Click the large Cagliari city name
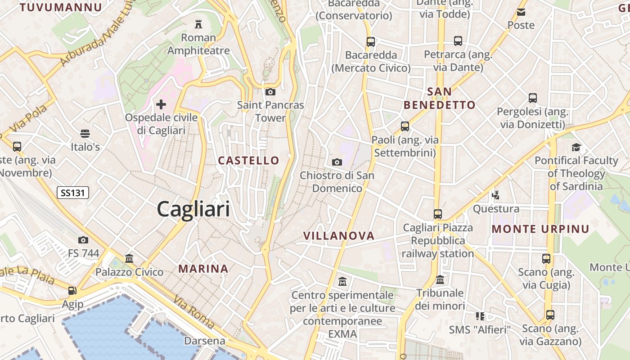click(x=193, y=209)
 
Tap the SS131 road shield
click(x=73, y=193)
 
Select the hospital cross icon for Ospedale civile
click(x=161, y=105)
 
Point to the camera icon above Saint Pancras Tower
click(x=270, y=92)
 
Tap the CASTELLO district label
click(x=248, y=160)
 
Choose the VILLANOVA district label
click(x=339, y=236)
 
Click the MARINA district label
click(x=203, y=269)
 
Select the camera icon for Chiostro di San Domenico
click(x=337, y=162)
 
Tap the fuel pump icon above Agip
click(x=72, y=291)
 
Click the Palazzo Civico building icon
click(x=129, y=259)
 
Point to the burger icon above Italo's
click(x=85, y=134)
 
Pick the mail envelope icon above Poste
click(x=521, y=12)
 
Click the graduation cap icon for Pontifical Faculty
click(x=576, y=147)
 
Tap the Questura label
click(x=496, y=209)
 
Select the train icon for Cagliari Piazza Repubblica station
click(x=438, y=214)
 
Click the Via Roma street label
click(x=193, y=312)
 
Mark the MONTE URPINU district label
click(x=540, y=229)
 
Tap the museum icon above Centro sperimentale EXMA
click(x=342, y=282)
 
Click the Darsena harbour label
click(x=205, y=341)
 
